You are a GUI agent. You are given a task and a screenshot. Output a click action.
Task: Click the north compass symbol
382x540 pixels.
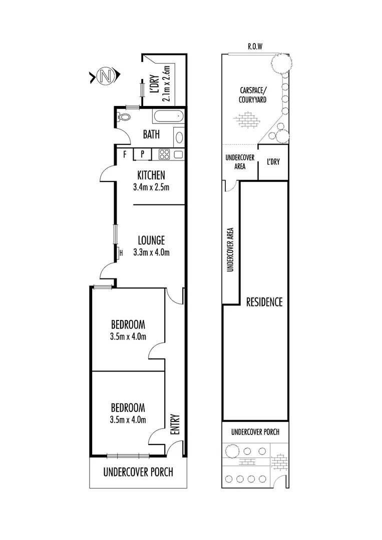[105, 76]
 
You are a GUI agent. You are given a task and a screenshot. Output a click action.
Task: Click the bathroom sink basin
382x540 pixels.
[179, 137]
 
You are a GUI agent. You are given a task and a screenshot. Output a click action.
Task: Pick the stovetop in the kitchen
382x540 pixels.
[165, 154]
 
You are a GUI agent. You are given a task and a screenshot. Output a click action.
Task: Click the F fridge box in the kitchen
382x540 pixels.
[125, 154]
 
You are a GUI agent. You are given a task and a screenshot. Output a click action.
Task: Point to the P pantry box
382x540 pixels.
[142, 154]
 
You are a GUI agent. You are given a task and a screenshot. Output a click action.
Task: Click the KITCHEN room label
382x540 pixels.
[151, 175]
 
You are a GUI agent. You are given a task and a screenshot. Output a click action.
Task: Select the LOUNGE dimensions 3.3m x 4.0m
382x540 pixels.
[151, 252]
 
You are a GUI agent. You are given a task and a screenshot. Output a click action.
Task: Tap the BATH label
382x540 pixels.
[151, 134]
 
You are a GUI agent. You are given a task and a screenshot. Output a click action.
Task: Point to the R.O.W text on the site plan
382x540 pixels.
[255, 46]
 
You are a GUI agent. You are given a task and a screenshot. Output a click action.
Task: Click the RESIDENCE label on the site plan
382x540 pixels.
[264, 302]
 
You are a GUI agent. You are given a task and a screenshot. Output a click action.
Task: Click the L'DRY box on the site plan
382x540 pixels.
[273, 162]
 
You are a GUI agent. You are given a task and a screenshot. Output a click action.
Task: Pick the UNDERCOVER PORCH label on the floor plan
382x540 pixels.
[138, 471]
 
